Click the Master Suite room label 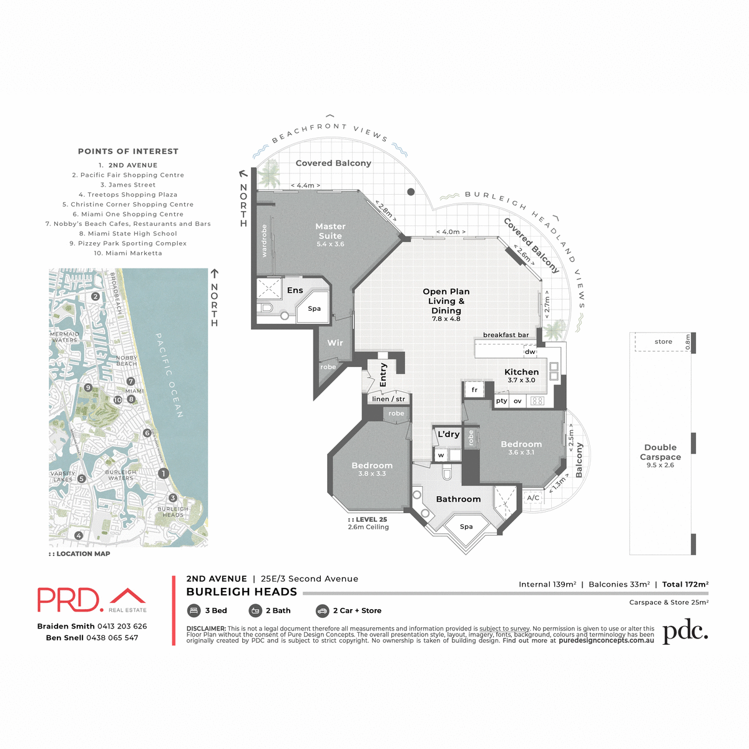pyautogui.click(x=330, y=232)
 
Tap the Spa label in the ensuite pyautogui.click(x=314, y=308)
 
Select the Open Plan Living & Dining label pyautogui.click(x=446, y=301)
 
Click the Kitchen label pyautogui.click(x=521, y=373)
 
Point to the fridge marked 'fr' pyautogui.click(x=474, y=390)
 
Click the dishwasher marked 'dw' pyautogui.click(x=530, y=352)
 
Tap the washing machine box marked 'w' pyautogui.click(x=441, y=455)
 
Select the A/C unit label pyautogui.click(x=533, y=498)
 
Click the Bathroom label pyautogui.click(x=458, y=499)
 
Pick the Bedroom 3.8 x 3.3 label pyautogui.click(x=372, y=466)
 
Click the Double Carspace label pyautogui.click(x=660, y=452)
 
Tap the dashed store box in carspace pyautogui.click(x=663, y=342)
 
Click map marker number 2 pyautogui.click(x=95, y=296)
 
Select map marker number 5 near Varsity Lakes pyautogui.click(x=82, y=479)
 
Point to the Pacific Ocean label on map pyautogui.click(x=169, y=375)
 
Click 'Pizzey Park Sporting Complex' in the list pyautogui.click(x=128, y=243)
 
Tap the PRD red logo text pyautogui.click(x=69, y=600)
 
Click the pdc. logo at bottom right pyautogui.click(x=685, y=632)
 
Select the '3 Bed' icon pyautogui.click(x=194, y=610)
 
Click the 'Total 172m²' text pyautogui.click(x=685, y=584)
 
